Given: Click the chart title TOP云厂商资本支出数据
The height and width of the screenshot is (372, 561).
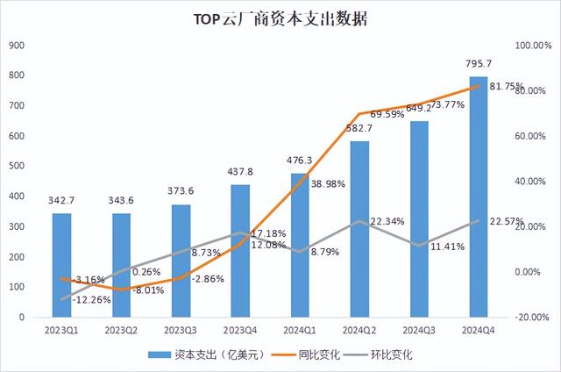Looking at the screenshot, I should point(280,18).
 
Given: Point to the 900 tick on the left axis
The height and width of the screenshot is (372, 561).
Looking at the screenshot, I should point(17,46).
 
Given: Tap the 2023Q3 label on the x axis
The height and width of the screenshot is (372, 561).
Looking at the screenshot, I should point(180,331).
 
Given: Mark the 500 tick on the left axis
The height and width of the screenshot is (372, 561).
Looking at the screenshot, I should point(17,167).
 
